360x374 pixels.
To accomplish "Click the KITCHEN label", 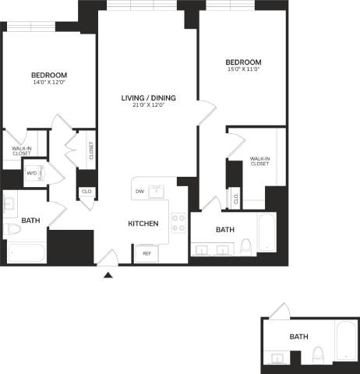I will point(143,224).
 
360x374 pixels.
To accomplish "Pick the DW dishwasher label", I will point(139,191).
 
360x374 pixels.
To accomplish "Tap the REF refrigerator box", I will point(146,253).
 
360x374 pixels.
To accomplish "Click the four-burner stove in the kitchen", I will point(178,223).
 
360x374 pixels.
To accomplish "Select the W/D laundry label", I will point(32,173).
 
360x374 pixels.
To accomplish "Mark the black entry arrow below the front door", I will point(108,273).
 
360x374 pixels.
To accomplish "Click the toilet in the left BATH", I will point(14,230).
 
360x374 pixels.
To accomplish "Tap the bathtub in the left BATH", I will point(25,252).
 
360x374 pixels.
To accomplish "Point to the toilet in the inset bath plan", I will point(318,356).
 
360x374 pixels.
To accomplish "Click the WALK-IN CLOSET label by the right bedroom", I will point(259,161).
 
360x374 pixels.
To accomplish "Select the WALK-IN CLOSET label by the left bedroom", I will point(21,150).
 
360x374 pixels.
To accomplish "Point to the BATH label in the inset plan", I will point(298,337).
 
